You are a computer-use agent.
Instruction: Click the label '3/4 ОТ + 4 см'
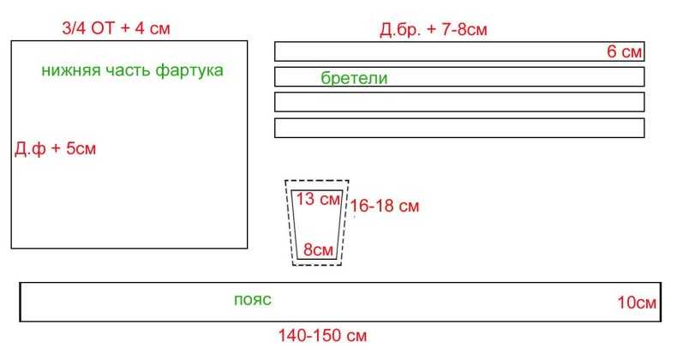point(117,28)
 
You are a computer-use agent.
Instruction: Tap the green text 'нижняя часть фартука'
point(133,70)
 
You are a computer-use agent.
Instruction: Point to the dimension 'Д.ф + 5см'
point(55,148)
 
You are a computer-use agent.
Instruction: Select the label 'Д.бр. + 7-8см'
point(434,30)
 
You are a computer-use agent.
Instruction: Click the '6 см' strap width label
point(625,51)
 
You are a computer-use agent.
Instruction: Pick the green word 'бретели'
point(354,78)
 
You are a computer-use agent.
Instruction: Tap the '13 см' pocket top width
point(318,199)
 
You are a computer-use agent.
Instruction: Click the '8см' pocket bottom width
point(318,249)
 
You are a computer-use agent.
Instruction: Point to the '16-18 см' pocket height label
point(385,206)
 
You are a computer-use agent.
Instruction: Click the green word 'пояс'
point(253,299)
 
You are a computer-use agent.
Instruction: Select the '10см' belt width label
point(637,303)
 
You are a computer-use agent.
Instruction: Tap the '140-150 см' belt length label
point(322,335)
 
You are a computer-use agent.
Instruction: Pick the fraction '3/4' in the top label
point(75,28)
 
